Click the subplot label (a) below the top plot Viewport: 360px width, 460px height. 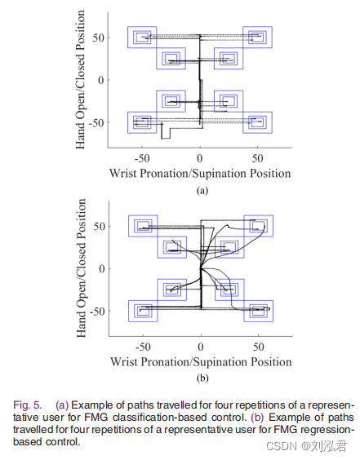200,191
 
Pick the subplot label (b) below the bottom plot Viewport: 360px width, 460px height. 200,378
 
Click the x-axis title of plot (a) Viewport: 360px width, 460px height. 200,174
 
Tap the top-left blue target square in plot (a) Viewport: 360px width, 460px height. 143,37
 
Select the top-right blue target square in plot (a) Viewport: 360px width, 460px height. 257,37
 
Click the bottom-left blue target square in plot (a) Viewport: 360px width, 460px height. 143,122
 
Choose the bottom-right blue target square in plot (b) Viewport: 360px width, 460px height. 258,310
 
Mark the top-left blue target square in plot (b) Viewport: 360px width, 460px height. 143,226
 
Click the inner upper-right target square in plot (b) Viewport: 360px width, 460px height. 229,246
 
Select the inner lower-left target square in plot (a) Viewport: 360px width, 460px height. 171,101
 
